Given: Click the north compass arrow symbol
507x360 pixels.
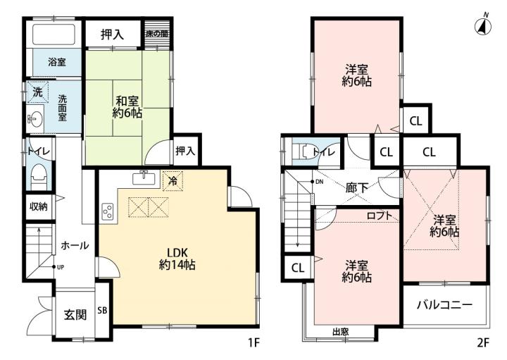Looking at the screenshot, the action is tap(483, 25).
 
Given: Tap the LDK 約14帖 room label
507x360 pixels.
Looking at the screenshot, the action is tap(177, 259).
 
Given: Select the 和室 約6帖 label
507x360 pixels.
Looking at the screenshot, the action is tap(127, 107).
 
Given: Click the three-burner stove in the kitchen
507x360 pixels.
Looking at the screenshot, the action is tap(108, 211).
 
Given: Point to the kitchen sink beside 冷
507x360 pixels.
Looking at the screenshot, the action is tap(144, 178).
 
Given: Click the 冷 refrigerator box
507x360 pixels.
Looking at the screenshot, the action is tap(173, 181).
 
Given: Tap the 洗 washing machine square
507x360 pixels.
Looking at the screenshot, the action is tap(37, 92).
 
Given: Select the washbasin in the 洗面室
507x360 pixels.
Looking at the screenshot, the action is tap(35, 118).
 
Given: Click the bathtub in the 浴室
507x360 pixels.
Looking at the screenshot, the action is tap(54, 34).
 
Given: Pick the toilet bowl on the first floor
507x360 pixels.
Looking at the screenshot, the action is tap(39, 177).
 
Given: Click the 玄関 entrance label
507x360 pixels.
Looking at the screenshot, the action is tap(75, 315).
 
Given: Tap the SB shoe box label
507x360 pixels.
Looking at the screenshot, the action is tap(102, 311).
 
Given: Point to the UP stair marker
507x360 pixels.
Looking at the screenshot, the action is tap(58, 267).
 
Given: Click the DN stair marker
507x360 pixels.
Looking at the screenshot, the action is tap(317, 182).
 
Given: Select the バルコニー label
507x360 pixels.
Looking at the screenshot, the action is tap(444, 304).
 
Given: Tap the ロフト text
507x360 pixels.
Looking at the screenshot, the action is tap(380, 216).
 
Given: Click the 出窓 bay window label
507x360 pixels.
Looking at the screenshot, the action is tap(341, 332).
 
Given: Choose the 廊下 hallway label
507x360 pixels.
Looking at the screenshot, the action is tap(357, 187).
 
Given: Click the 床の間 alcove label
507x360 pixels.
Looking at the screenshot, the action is tap(157, 33).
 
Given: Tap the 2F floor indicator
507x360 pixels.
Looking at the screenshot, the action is tap(483, 343).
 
